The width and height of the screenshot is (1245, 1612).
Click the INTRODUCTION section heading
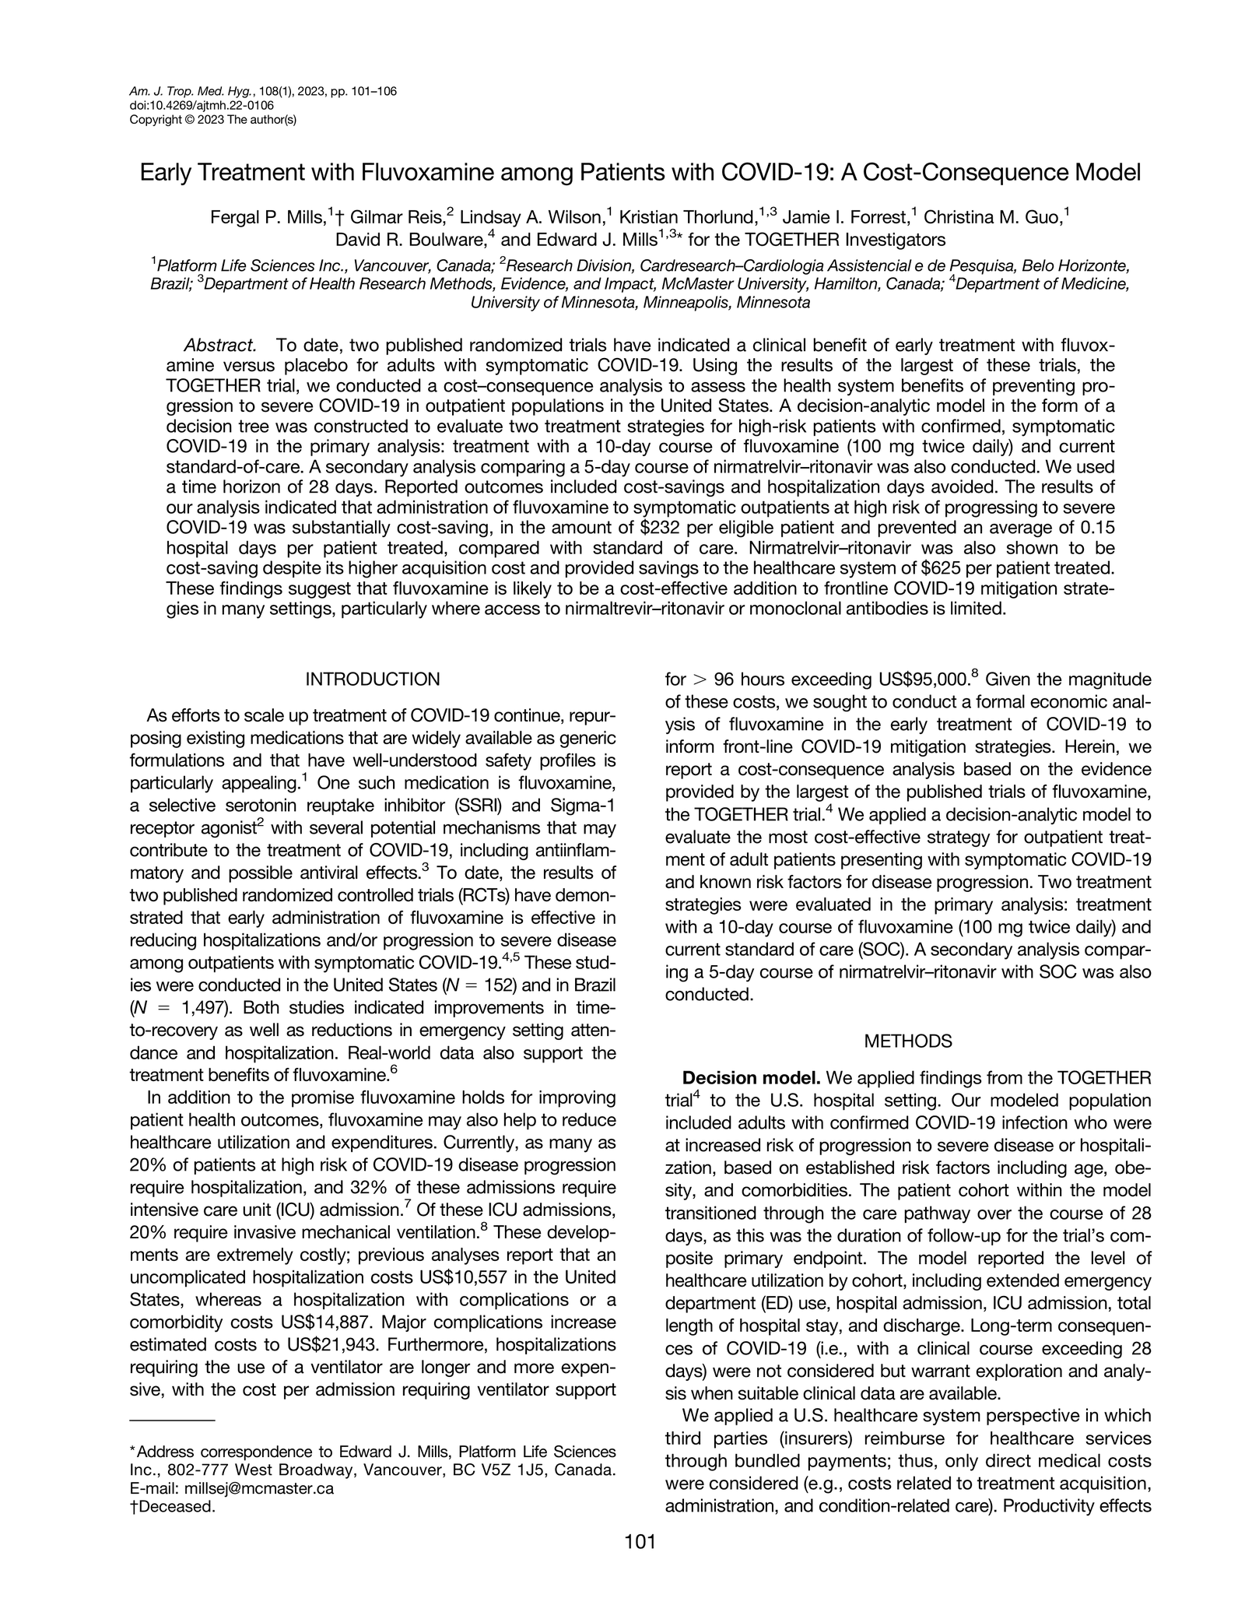tap(372, 680)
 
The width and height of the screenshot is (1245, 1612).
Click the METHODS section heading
tap(908, 1041)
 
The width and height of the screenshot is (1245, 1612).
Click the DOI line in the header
tap(201, 105)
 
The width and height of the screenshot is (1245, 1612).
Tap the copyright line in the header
tap(212, 119)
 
